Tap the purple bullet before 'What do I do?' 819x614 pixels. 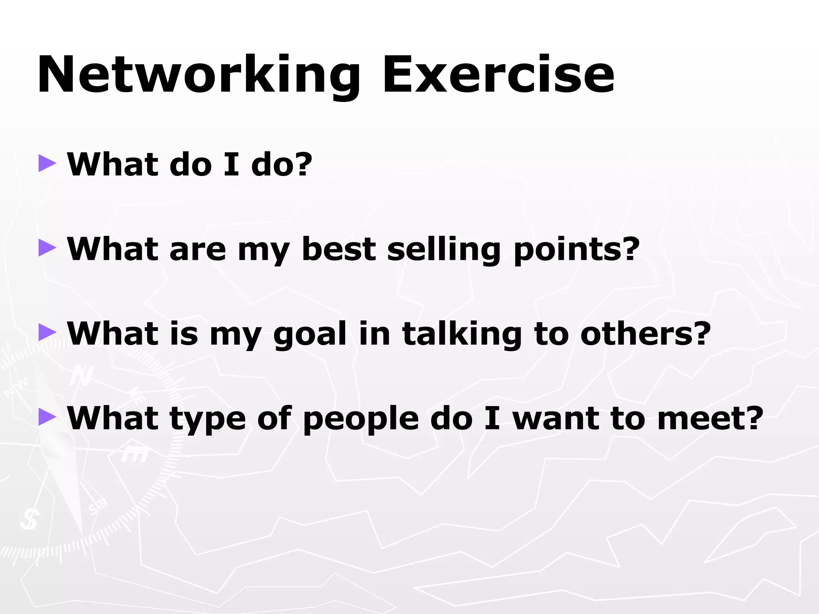[47, 164]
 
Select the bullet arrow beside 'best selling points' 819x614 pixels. [47, 248]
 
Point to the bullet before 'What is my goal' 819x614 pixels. [47, 333]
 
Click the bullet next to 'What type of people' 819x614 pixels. [47, 417]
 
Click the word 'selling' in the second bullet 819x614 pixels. [443, 250]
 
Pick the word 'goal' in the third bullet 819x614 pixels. [310, 335]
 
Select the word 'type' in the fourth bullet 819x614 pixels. [208, 419]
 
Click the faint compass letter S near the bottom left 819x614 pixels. [29, 519]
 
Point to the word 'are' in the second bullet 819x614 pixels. [198, 250]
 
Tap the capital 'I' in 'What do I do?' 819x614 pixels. [232, 164]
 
